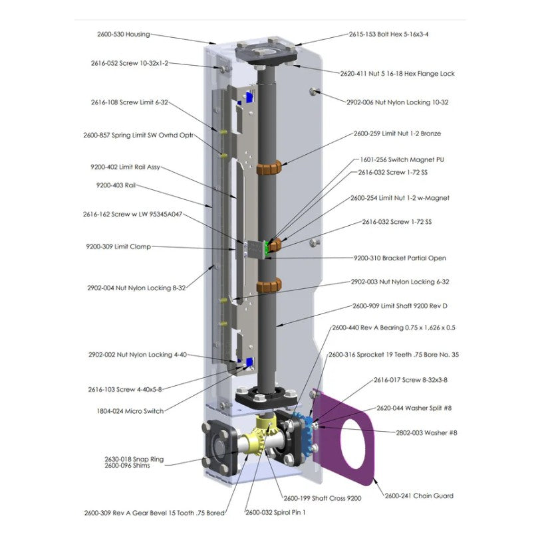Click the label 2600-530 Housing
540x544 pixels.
point(124,35)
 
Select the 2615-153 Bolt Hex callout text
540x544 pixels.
point(388,35)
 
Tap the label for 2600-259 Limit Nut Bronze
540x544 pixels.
point(397,134)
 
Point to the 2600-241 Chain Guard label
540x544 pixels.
point(419,496)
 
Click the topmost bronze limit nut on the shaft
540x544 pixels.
point(269,168)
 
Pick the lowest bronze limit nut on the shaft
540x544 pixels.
point(269,285)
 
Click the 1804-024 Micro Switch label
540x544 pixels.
point(130,411)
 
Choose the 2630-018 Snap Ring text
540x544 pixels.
point(134,459)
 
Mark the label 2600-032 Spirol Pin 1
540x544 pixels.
point(275,512)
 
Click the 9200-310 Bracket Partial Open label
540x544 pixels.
point(400,258)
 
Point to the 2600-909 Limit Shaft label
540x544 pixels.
point(400,306)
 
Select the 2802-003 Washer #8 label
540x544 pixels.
point(426,433)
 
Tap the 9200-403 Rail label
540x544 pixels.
point(116,185)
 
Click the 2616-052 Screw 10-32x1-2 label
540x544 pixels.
point(130,63)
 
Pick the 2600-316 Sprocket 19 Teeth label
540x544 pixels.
point(394,355)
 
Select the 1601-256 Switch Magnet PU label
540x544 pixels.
point(402,159)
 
